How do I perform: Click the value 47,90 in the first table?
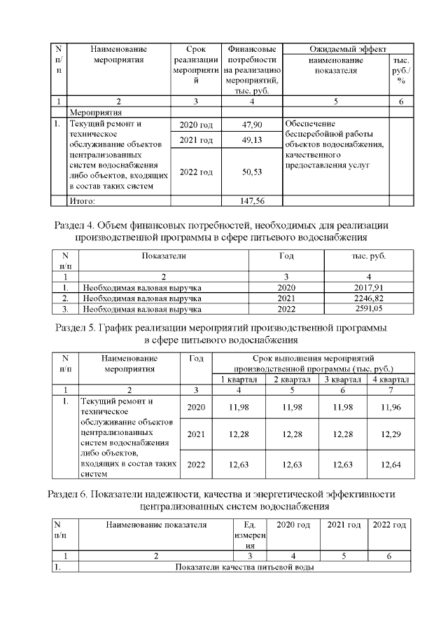[x=252, y=125]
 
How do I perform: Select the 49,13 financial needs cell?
[x=252, y=140]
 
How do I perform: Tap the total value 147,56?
[x=252, y=200]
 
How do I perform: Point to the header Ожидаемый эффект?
[x=348, y=49]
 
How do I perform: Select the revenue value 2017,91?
[x=368, y=288]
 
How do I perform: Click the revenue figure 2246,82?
[x=368, y=298]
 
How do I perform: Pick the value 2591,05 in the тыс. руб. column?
[x=368, y=308]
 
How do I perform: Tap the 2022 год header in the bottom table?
[x=389, y=525]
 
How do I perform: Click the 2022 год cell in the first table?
[x=196, y=172]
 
